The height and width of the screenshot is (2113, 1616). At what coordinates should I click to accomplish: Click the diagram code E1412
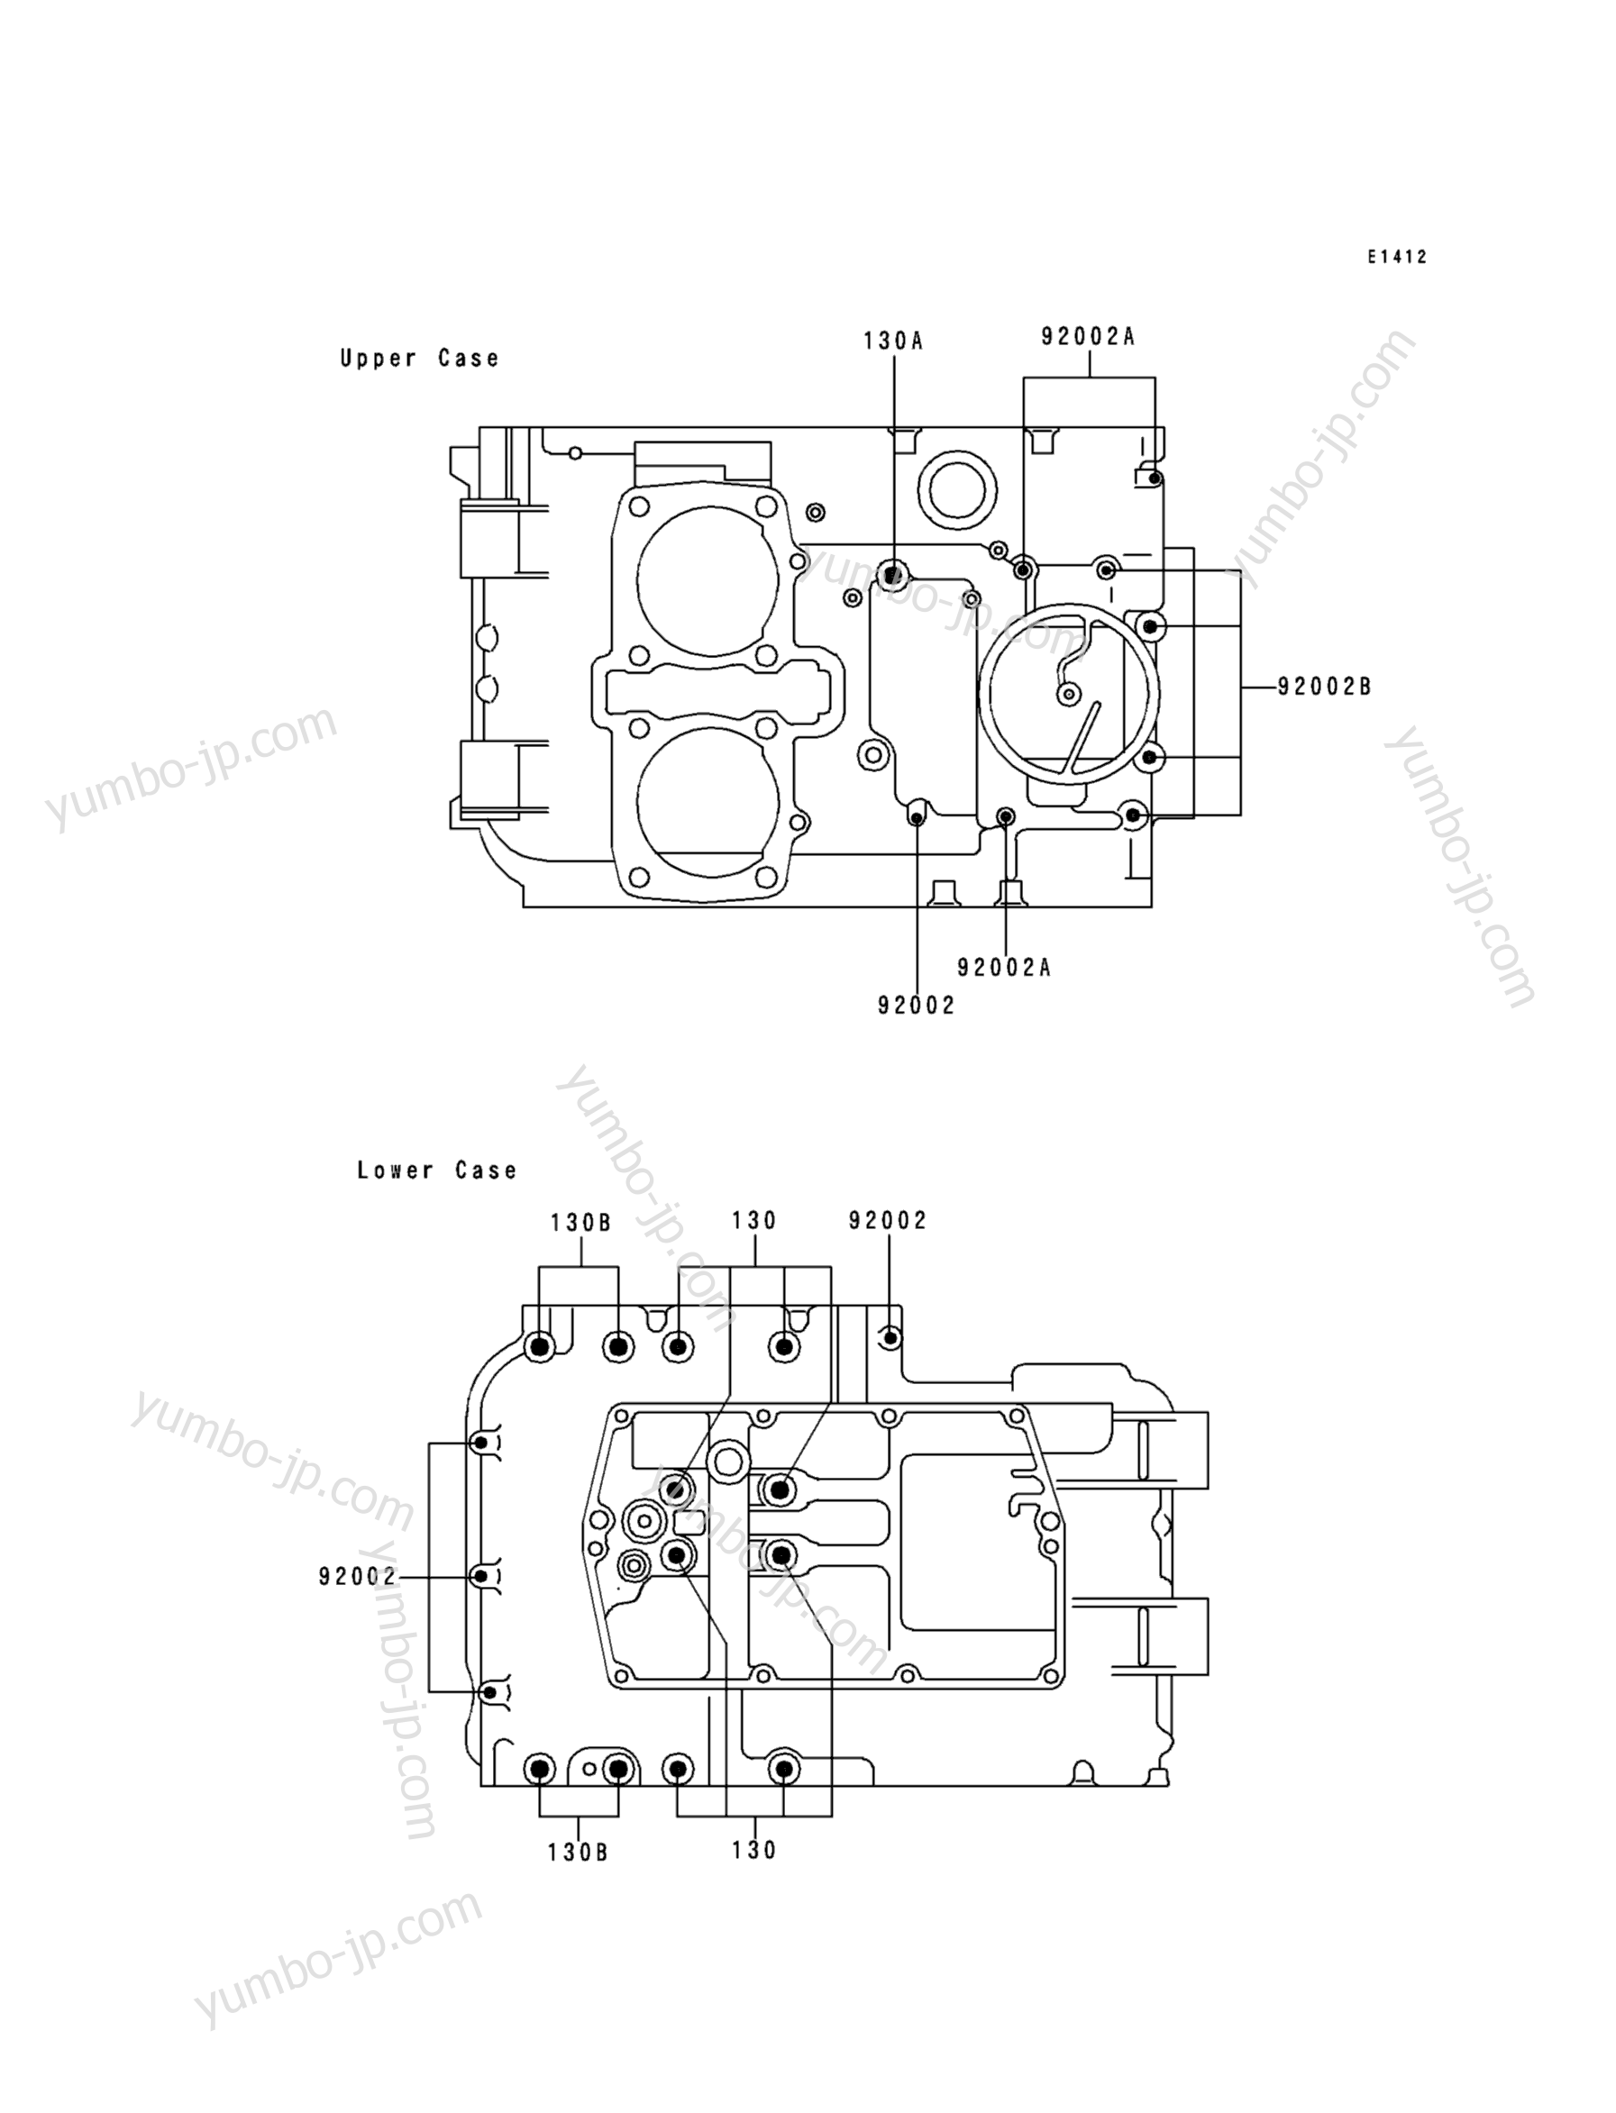(1398, 257)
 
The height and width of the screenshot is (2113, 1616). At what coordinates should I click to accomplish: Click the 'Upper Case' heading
(419, 359)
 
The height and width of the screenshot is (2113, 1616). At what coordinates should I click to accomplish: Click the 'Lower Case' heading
(437, 1170)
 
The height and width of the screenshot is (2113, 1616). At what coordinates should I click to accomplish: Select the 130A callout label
(892, 341)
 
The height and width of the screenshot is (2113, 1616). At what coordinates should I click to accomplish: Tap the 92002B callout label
(1325, 687)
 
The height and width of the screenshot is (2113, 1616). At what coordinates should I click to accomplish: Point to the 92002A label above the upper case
(1088, 337)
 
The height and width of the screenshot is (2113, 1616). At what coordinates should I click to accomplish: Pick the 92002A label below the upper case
(1004, 968)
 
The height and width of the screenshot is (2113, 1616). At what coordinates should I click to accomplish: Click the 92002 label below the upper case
(916, 1006)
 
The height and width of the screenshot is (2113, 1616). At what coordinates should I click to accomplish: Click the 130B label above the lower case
(581, 1224)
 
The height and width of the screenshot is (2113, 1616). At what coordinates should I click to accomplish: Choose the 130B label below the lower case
(578, 1853)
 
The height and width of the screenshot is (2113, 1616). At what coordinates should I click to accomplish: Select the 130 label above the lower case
(754, 1220)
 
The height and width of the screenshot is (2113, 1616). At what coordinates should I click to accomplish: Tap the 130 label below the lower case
(754, 1850)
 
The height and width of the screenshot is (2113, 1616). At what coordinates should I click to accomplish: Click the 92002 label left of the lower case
(358, 1577)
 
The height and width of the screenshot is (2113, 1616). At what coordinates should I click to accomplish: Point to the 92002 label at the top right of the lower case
(888, 1220)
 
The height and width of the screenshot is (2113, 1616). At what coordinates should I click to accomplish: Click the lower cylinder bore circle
(707, 800)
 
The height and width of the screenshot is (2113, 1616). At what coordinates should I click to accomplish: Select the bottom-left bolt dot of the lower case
(540, 1768)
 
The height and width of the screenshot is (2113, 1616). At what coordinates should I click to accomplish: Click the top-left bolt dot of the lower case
(541, 1346)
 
